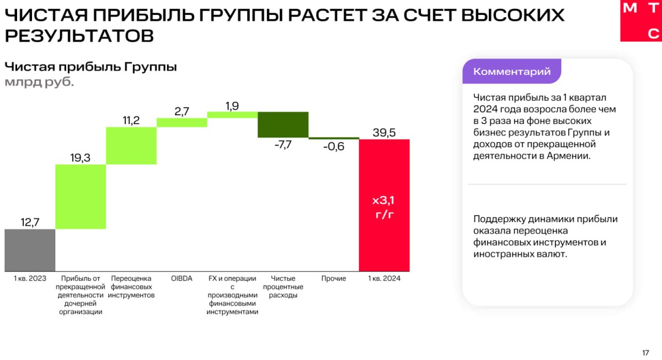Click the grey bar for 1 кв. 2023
tap(30, 250)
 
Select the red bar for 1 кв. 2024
tap(384, 205)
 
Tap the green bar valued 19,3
tap(81, 196)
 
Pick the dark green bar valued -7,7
tap(282, 125)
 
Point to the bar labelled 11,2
tap(131, 146)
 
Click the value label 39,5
tap(384, 132)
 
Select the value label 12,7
tap(30, 222)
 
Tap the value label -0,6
tap(333, 147)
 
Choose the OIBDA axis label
tap(181, 278)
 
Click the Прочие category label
tap(333, 278)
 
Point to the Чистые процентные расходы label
tap(282, 287)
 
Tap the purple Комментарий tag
tap(511, 72)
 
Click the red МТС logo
tap(640, 20)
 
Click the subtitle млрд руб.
tap(39, 83)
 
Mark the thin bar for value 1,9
tap(232, 114)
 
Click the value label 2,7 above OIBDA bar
tap(181, 111)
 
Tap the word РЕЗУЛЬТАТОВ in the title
tap(79, 36)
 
